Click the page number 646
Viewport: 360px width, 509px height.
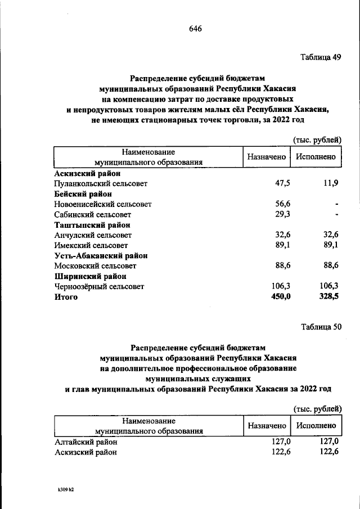195,29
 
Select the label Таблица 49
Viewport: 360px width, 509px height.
321,57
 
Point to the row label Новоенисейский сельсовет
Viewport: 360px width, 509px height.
103,204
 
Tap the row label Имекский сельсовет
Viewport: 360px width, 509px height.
91,245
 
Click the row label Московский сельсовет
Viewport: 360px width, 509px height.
95,265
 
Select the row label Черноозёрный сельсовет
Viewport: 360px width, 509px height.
100,286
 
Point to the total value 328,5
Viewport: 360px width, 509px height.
329,296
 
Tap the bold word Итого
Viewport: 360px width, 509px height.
66,297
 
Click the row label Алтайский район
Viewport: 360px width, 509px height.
85,442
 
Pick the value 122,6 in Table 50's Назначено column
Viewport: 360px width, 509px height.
280,452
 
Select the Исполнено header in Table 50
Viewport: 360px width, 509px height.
317,426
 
